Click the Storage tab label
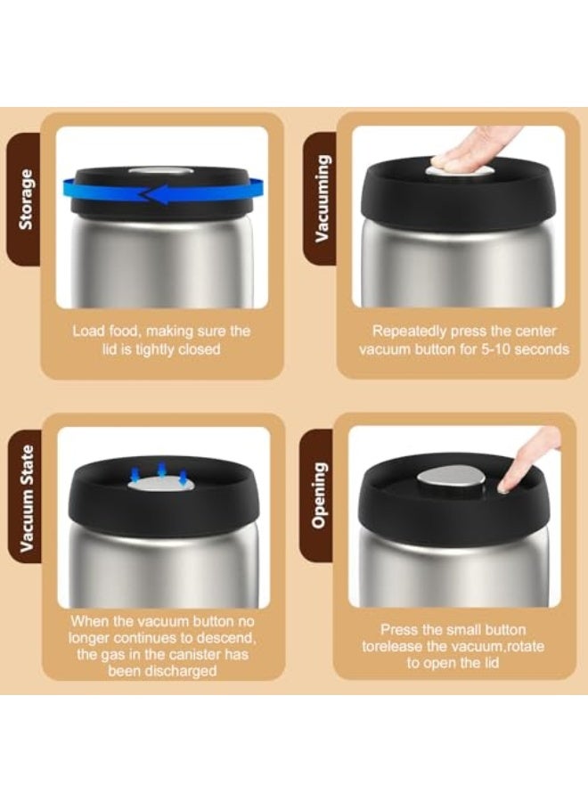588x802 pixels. pos(26,200)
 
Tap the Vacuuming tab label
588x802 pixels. pos(321,199)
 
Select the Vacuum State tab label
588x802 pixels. pos(27,499)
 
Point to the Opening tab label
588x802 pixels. pos(319,495)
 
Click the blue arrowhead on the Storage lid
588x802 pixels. pos(153,194)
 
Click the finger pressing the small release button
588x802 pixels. pos(527,461)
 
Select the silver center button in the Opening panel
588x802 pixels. pos(451,479)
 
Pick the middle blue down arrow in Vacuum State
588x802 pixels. pos(161,470)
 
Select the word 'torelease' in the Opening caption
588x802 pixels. pos(393,646)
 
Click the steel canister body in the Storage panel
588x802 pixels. pos(162,261)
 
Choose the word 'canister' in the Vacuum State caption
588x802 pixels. pos(196,655)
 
